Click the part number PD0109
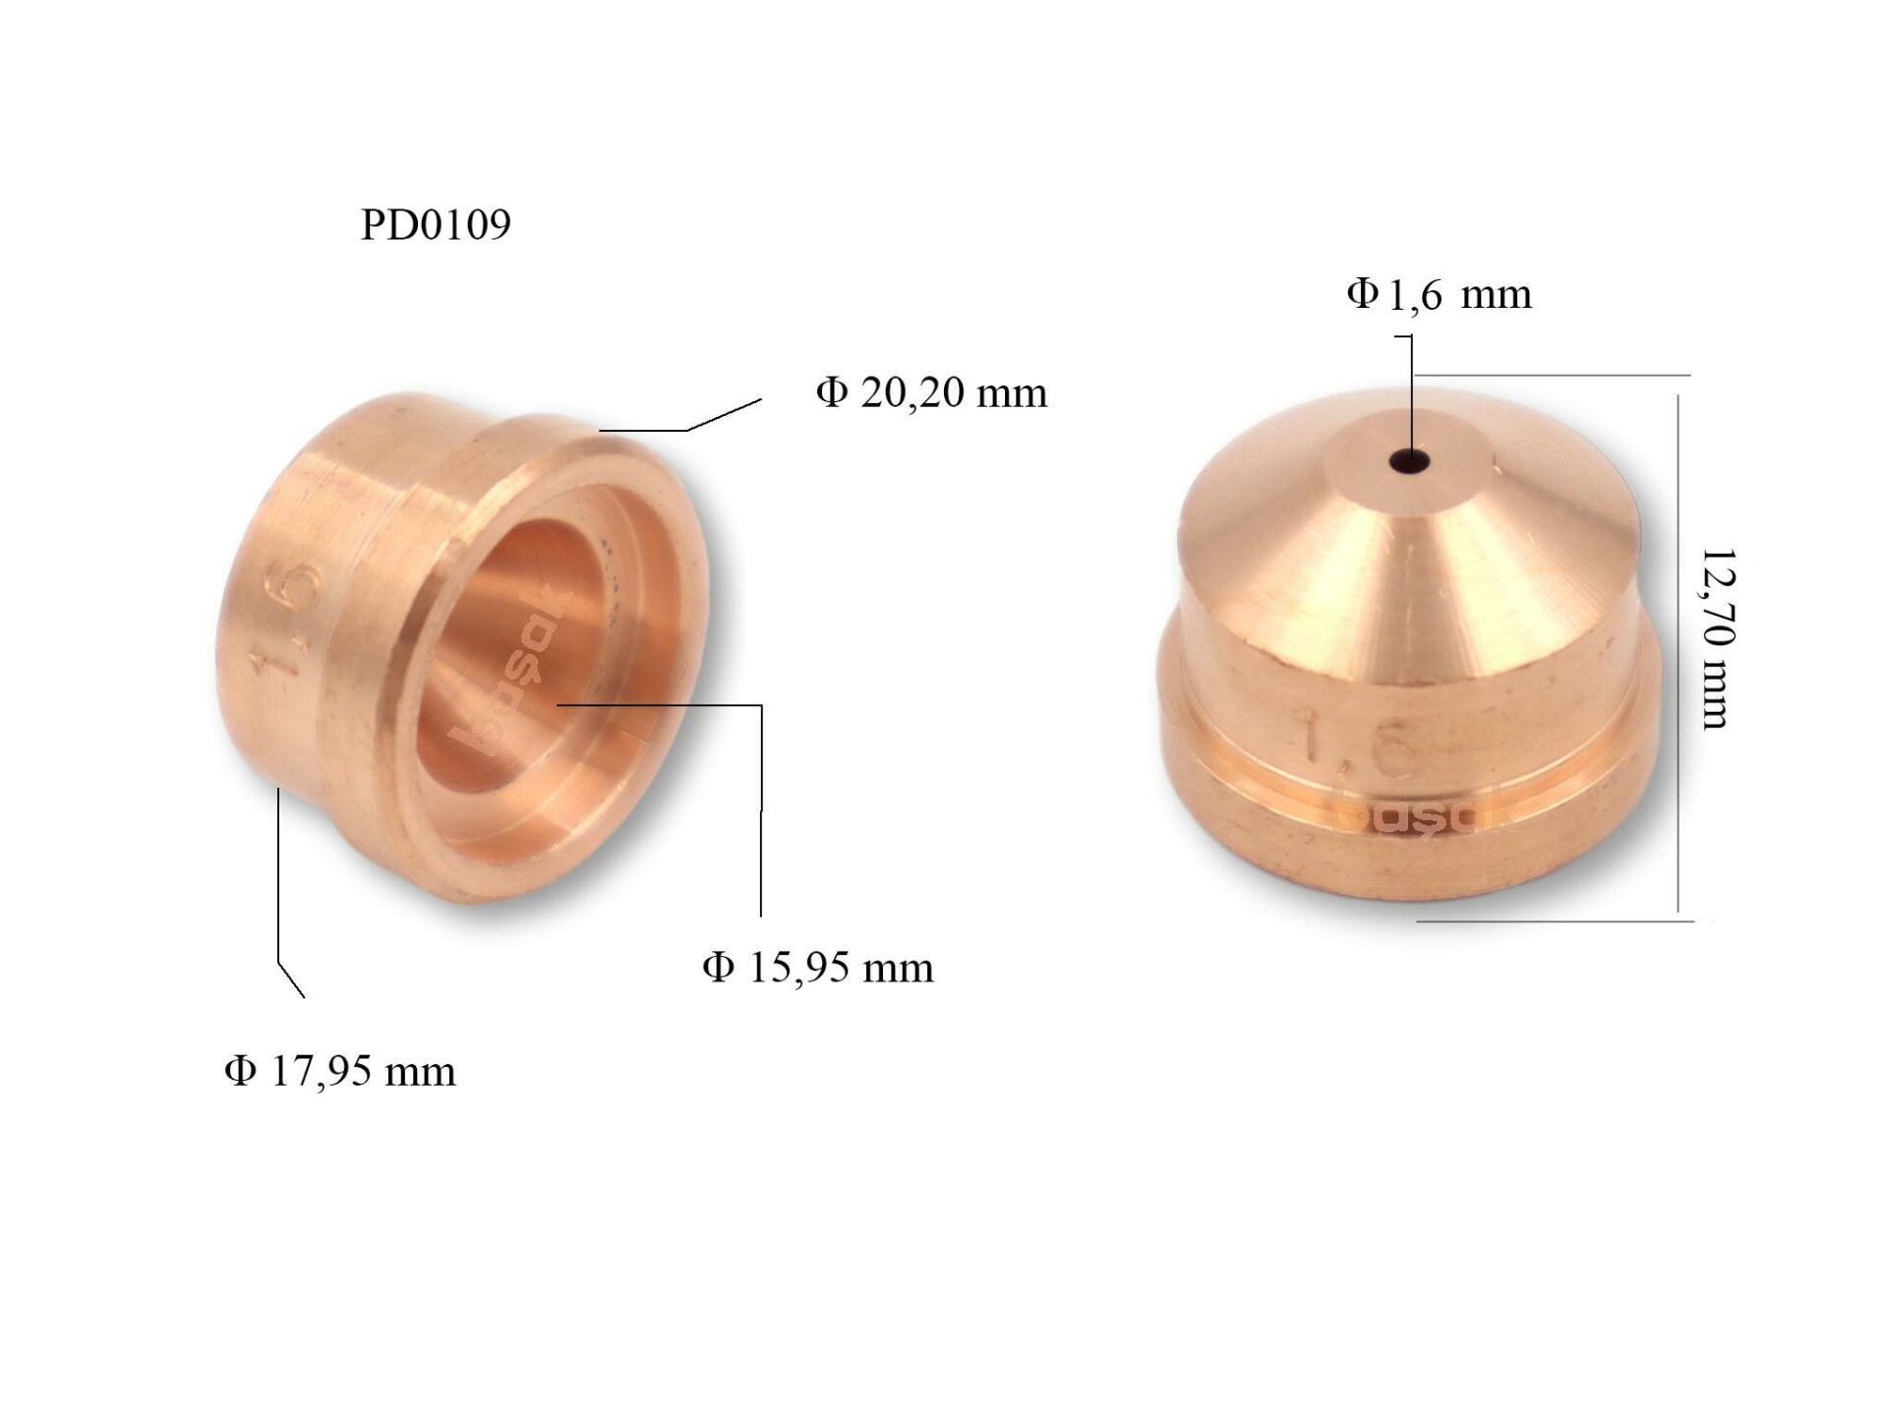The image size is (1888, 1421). (436, 224)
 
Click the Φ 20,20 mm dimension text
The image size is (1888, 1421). (931, 392)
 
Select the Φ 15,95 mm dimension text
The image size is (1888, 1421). (817, 968)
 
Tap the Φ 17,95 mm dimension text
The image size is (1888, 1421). (339, 1071)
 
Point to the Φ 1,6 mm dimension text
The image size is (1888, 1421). (1439, 294)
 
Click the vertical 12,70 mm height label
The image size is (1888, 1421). (1717, 639)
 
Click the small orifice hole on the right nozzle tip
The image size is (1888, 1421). (1410, 459)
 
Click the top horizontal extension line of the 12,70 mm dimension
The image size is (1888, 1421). (1554, 375)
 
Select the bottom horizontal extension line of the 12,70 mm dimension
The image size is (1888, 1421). (1554, 921)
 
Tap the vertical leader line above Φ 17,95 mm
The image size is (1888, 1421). (279, 875)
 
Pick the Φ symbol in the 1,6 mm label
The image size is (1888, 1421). (1362, 292)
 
